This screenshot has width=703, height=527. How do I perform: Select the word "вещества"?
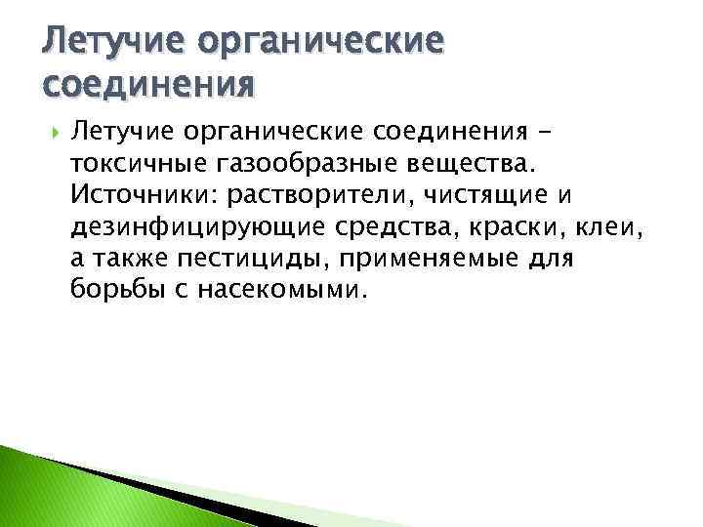(471, 160)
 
